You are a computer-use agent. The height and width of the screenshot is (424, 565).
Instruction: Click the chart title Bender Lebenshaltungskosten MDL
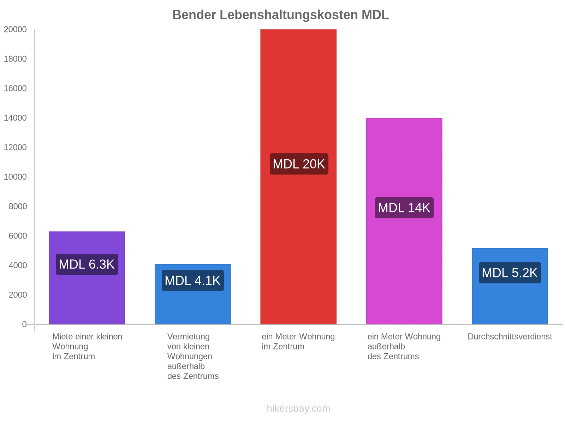tap(280, 15)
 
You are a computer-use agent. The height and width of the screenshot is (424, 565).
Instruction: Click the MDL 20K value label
tap(299, 164)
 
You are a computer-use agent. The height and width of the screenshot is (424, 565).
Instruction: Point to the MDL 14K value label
tap(404, 208)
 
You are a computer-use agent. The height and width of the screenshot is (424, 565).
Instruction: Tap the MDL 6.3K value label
tap(87, 264)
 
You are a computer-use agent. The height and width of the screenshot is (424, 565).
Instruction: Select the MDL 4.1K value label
tap(192, 281)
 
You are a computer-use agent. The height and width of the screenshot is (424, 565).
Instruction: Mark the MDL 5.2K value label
tap(510, 273)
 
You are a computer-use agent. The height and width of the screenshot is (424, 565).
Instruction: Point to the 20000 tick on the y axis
tap(15, 30)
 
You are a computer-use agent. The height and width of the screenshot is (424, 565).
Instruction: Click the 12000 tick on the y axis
tap(15, 148)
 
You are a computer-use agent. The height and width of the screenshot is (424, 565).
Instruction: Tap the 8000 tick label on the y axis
tap(18, 206)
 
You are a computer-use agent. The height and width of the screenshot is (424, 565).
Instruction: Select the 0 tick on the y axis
tap(24, 324)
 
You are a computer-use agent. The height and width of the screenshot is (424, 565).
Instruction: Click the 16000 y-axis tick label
tap(15, 89)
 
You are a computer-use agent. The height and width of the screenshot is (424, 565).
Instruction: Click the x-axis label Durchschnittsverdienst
tap(510, 337)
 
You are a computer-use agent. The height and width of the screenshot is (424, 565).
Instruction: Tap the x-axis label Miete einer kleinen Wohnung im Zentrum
tap(87, 347)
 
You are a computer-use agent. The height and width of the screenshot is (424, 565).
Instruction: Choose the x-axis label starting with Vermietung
tap(192, 356)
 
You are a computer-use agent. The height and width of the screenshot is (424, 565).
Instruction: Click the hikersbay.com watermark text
tap(298, 408)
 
